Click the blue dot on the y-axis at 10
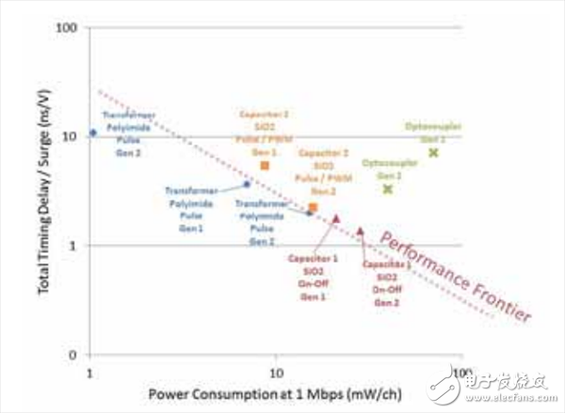pyautogui.click(x=92, y=133)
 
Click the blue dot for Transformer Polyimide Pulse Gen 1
pyautogui.click(x=248, y=183)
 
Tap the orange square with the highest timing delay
pyautogui.click(x=265, y=166)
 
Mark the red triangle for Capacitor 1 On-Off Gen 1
pyautogui.click(x=336, y=218)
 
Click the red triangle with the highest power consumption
pyautogui.click(x=360, y=230)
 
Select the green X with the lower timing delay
pyautogui.click(x=387, y=189)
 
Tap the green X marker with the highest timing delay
pyautogui.click(x=433, y=152)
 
